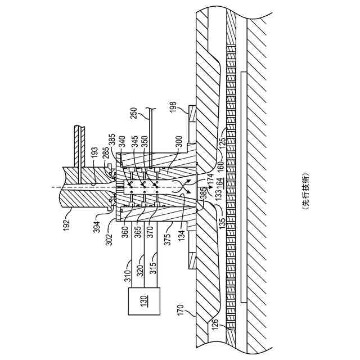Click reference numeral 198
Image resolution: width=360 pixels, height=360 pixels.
pyautogui.click(x=173, y=107)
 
